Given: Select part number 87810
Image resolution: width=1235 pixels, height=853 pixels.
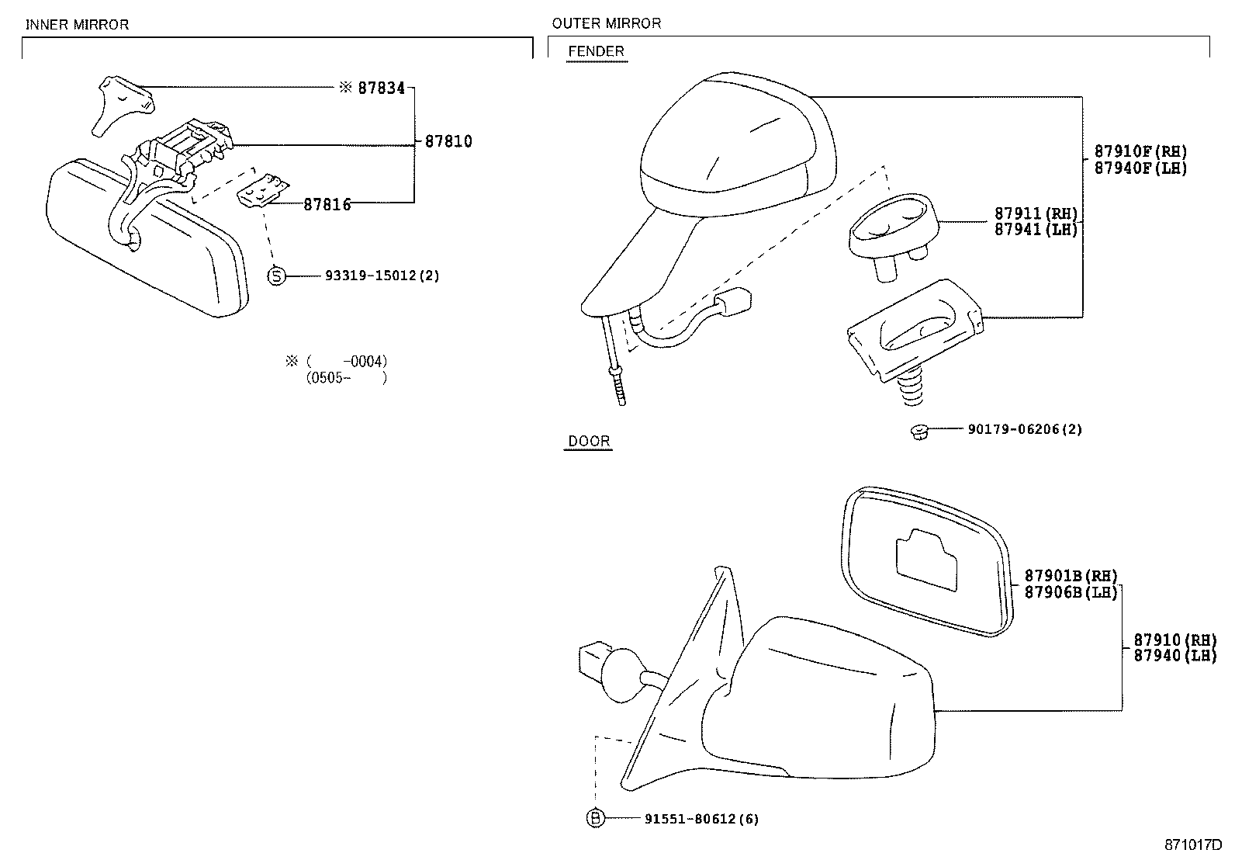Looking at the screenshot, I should pos(448,141).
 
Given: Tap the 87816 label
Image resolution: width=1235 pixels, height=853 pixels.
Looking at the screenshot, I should pos(327,204).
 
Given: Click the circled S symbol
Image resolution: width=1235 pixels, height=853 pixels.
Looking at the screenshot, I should pos(277,276).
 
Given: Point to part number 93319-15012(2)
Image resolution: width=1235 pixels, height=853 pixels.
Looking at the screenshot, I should pos(382,276).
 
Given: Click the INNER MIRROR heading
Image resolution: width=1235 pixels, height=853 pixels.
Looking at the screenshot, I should pos(77,25).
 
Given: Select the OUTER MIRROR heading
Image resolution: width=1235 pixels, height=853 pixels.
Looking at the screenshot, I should pos(607,23).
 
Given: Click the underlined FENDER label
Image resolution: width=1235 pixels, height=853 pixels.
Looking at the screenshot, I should pos(596,52).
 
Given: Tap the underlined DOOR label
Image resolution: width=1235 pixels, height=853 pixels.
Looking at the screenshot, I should pos(589,442).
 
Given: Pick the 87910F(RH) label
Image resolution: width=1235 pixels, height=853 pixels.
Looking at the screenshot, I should pos(1140,151).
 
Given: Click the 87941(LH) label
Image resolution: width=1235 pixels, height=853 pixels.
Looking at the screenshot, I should pos(1036,230).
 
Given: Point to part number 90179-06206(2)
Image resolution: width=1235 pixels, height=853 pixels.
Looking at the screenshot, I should pos(1024,429).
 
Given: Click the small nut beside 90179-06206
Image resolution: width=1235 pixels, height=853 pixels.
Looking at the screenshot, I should pos(918,431).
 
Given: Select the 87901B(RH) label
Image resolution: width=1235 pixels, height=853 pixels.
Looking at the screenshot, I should pos(1071,576).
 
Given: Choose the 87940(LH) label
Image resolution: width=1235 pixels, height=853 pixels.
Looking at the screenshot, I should pos(1174,656).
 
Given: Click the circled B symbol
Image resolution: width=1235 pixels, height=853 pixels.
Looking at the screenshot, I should pos(594,818).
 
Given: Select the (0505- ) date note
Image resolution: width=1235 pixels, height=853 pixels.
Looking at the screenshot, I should pos(346,378).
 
